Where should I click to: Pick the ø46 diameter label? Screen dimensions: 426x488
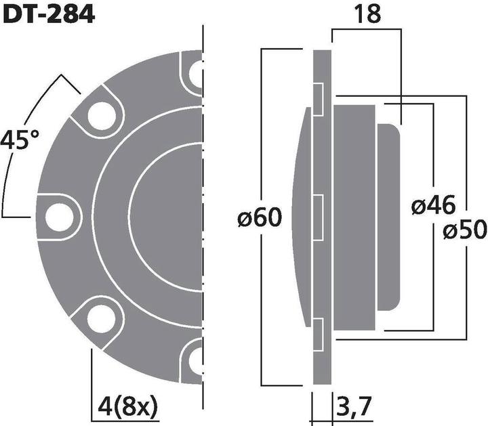(x=434, y=205)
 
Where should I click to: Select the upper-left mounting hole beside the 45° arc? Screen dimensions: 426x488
(x=98, y=113)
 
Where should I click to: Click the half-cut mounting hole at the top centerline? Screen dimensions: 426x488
(x=196, y=73)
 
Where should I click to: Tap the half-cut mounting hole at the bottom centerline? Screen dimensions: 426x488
(x=196, y=357)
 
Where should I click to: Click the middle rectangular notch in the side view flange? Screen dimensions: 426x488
(x=317, y=216)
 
